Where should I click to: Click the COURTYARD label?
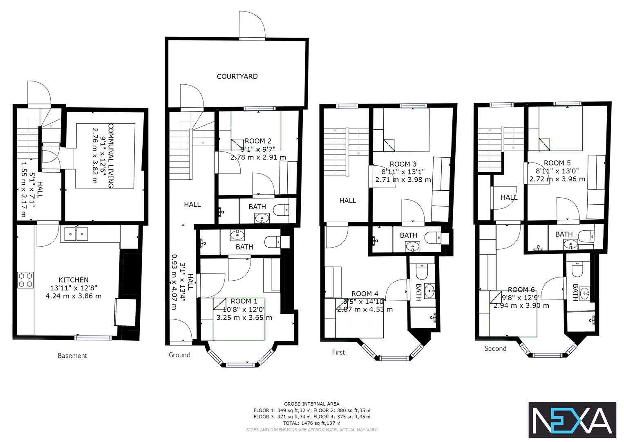click(237, 77)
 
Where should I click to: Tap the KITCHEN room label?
click(74, 280)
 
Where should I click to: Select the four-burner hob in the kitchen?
click(25, 280)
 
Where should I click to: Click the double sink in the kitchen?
click(76, 234)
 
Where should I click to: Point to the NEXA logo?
click(572, 420)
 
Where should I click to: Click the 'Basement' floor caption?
click(72, 356)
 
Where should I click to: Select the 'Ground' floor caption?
click(179, 355)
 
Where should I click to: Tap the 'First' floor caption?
click(338, 352)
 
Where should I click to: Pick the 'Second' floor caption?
click(495, 349)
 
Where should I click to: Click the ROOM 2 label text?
click(258, 141)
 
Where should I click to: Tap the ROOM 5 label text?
click(557, 163)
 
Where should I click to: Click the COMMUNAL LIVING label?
click(111, 156)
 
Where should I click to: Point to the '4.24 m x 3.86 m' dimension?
click(74, 296)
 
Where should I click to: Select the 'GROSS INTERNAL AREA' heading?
click(312, 404)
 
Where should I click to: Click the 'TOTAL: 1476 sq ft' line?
click(312, 423)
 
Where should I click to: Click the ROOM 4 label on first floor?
click(365, 294)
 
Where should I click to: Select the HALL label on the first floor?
click(348, 201)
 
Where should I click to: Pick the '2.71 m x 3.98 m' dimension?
click(403, 180)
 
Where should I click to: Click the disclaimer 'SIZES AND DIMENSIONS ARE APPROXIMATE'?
click(312, 430)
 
